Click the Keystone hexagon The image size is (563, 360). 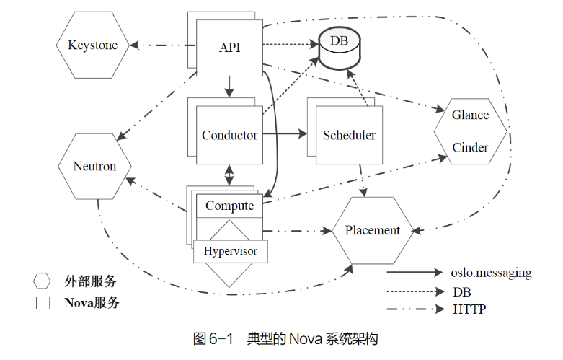coord(92,45)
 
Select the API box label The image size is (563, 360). coord(229,48)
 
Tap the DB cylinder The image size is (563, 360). coord(339,49)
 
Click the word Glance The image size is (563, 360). coord(470,115)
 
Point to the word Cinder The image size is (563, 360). coord(470,148)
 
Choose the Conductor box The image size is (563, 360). coord(229,135)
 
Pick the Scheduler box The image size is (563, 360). coord(349,135)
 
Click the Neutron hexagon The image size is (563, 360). coord(94,166)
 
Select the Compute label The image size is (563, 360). coord(229,206)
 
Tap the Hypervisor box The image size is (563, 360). coord(230,251)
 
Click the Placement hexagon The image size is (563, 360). coord(372,230)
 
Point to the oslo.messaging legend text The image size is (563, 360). coord(491,273)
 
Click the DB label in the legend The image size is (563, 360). coord(461,291)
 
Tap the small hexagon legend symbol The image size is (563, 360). coord(43,281)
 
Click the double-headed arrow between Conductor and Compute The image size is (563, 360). coord(229,173)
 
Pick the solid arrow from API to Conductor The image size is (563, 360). coord(229,86)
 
